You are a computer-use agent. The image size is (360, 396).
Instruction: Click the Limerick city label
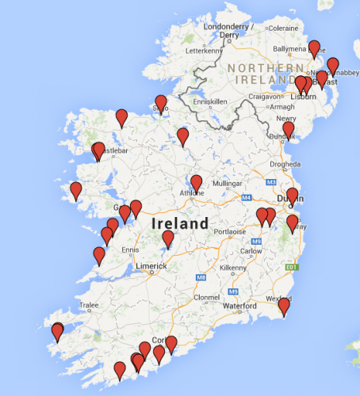point(151,266)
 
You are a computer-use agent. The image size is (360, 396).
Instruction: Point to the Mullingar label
point(226,183)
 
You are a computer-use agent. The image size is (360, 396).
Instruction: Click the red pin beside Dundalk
point(288,130)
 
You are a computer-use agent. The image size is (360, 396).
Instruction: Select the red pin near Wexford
point(284,307)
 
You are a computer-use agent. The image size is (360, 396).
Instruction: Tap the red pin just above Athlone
point(197,184)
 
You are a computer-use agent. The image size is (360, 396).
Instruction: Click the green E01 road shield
point(292,268)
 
